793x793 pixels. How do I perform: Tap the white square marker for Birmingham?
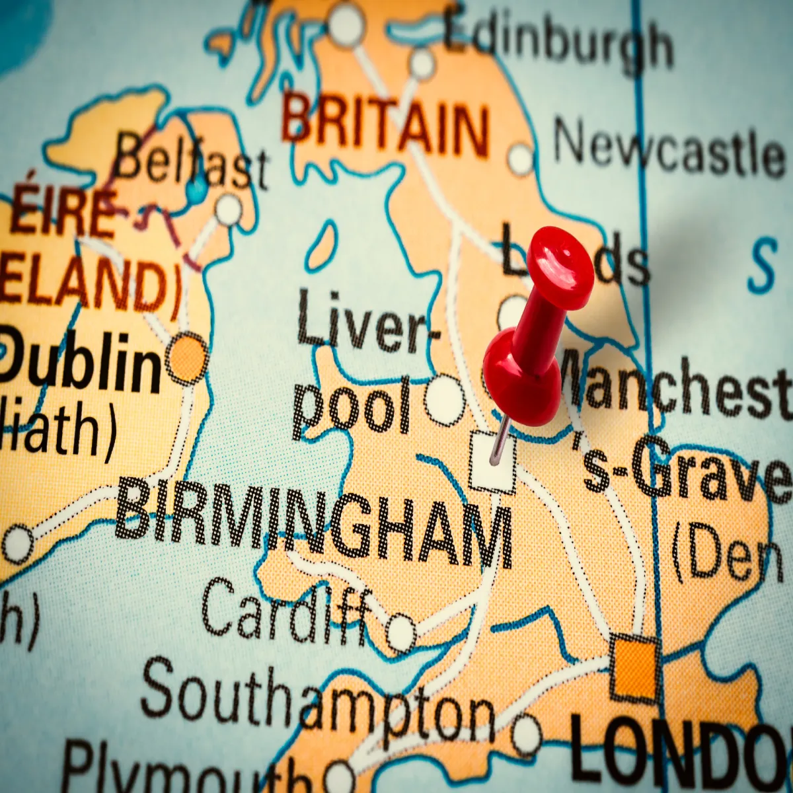click(x=492, y=463)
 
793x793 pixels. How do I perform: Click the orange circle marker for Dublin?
click(x=187, y=358)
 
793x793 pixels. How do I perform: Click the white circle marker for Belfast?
click(x=229, y=209)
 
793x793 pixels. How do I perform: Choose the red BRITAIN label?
click(x=387, y=126)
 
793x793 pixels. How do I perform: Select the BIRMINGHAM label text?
click(x=314, y=522)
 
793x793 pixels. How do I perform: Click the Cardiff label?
click(x=284, y=611)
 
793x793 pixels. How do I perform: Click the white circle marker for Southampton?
click(x=527, y=734)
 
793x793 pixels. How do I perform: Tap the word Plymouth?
click(x=185, y=770)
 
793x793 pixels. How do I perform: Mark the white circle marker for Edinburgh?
click(x=422, y=64)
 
